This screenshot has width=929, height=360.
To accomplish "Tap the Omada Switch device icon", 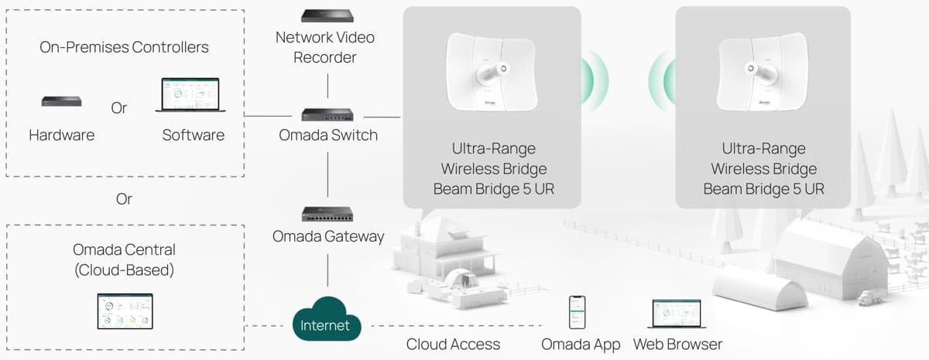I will tap(327, 116).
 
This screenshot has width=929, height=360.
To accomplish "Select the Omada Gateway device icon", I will tap(327, 214).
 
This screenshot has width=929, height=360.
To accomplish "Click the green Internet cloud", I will tap(325, 320).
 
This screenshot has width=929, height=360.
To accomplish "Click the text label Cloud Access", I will tap(453, 344).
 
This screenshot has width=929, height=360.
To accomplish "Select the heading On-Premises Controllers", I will tap(124, 47).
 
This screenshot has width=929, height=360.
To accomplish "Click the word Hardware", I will tap(62, 135).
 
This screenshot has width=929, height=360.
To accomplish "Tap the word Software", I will tap(193, 135).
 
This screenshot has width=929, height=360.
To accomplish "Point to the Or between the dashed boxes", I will tap(124, 199).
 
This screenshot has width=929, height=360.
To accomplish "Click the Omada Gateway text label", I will tap(328, 237).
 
